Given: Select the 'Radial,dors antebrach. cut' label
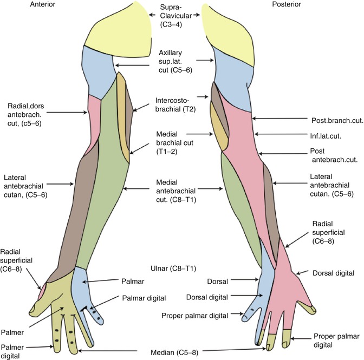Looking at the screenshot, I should (x=31, y=113).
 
